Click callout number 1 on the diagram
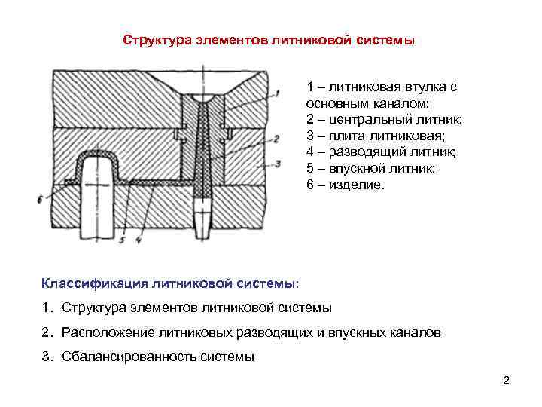(278, 93)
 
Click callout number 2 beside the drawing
(276, 139)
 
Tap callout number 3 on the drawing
(279, 162)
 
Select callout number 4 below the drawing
(139, 240)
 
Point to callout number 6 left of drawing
(39, 198)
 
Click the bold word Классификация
(94, 283)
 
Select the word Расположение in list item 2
(101, 332)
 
